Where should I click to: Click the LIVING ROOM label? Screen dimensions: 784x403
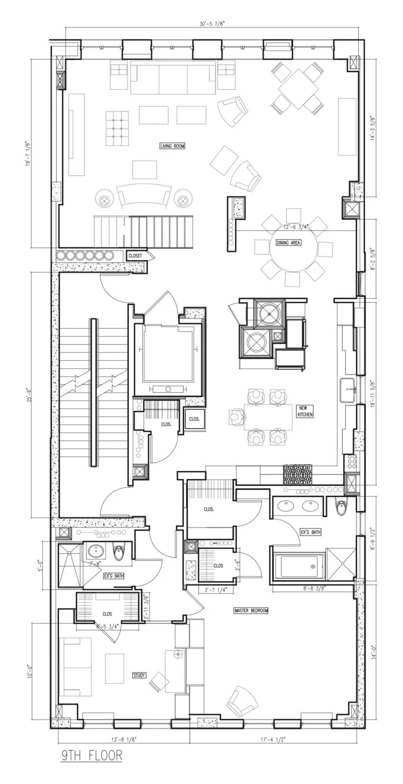pyautogui.click(x=172, y=146)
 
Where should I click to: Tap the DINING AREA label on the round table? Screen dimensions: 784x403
pyautogui.click(x=288, y=243)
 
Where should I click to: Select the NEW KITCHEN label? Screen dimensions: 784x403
pyautogui.click(x=305, y=411)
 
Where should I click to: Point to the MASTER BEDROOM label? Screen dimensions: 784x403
pyautogui.click(x=251, y=611)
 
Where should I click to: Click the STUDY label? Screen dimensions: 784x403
pyautogui.click(x=139, y=675)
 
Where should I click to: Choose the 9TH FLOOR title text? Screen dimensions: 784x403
pyautogui.click(x=92, y=756)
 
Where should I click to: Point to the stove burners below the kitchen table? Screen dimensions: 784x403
pyautogui.click(x=297, y=474)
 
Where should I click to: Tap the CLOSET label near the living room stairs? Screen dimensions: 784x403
pyautogui.click(x=135, y=256)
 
